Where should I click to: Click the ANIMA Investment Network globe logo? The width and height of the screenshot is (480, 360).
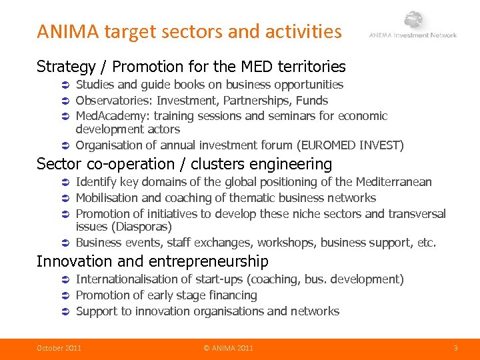[x=414, y=21]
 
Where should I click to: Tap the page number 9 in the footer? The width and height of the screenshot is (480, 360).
[x=455, y=347]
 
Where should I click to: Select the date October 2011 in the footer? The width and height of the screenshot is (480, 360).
[x=59, y=347]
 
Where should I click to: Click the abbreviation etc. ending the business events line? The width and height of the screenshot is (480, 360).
[x=426, y=243]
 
